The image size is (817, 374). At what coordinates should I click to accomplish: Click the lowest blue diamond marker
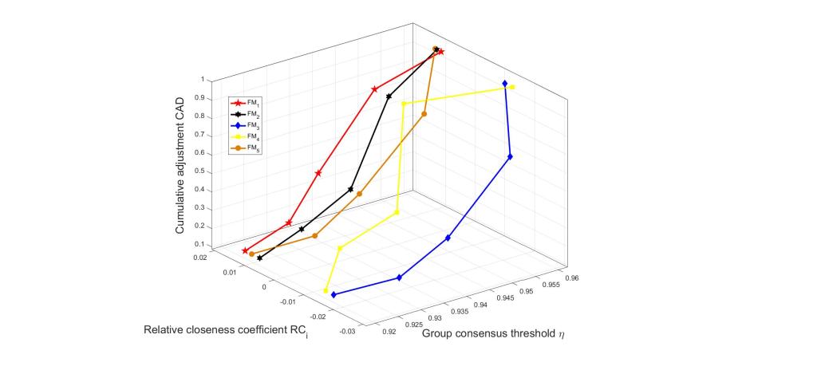pos(334,295)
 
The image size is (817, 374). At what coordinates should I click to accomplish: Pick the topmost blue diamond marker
pos(505,84)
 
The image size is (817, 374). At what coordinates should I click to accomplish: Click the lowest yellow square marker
pos(326,291)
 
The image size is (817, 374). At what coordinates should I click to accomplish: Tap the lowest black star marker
pos(259,258)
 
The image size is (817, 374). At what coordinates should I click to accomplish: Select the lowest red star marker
pos(245,250)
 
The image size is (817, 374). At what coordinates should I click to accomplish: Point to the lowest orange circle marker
pos(251,254)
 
